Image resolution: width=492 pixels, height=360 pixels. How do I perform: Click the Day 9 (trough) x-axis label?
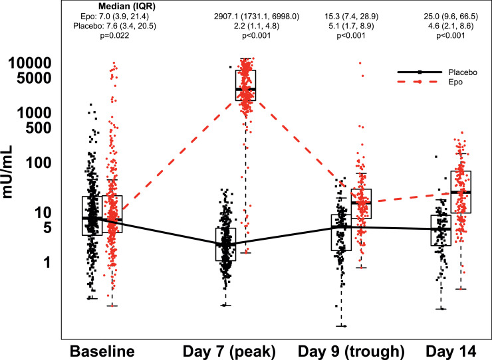(x=350, y=349)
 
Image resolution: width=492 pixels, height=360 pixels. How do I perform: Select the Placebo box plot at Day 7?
(x=225, y=244)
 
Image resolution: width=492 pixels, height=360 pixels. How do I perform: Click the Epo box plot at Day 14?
(x=461, y=191)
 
